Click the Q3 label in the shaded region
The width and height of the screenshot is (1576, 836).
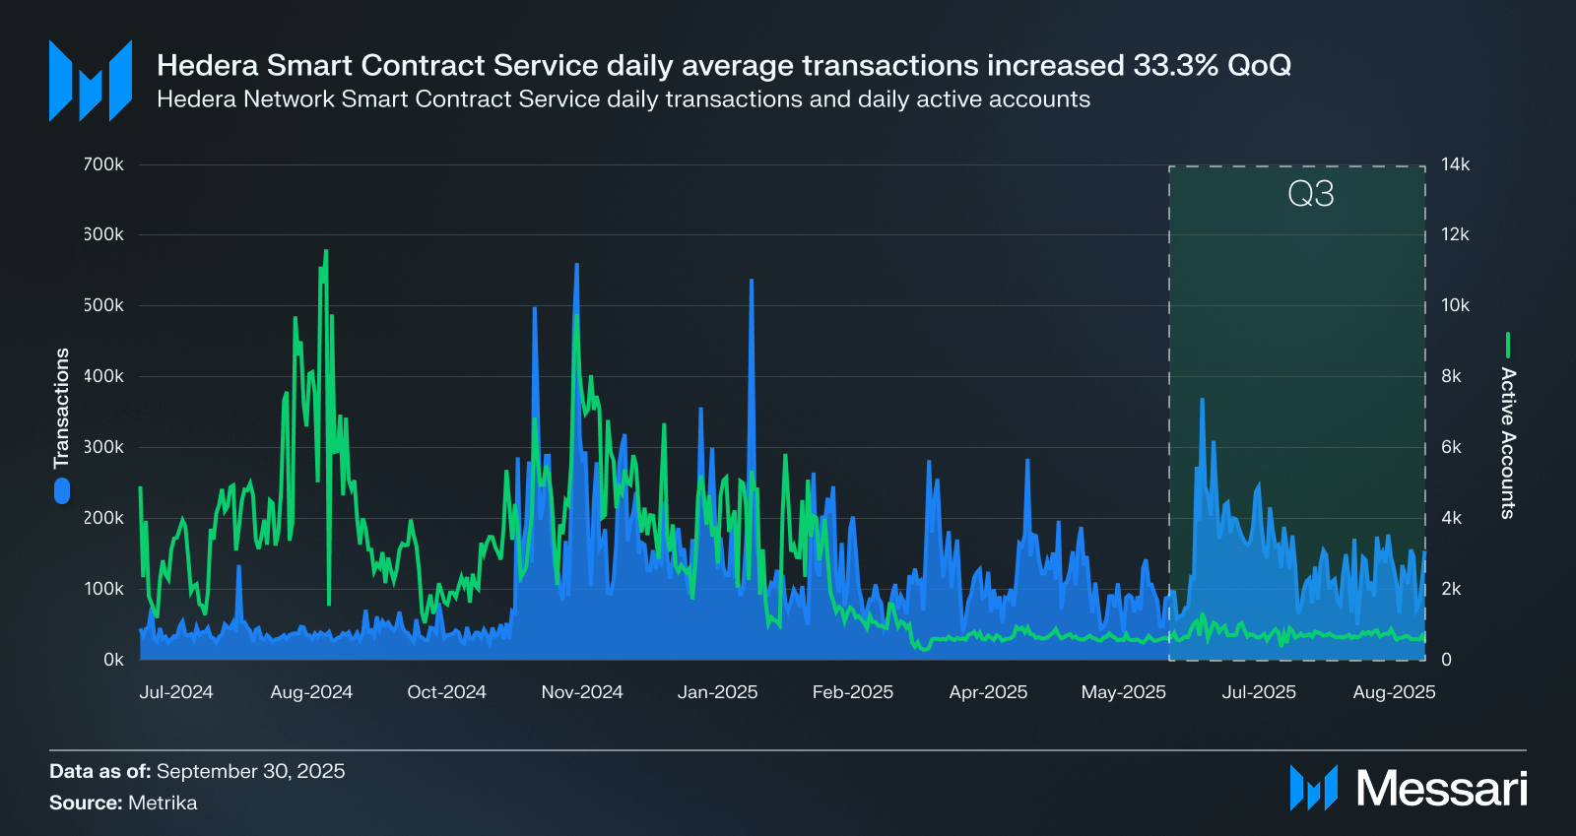(1310, 194)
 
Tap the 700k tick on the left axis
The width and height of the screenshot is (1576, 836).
(103, 164)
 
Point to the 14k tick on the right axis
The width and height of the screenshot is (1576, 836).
(1455, 164)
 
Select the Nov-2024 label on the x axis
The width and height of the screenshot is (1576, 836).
(582, 692)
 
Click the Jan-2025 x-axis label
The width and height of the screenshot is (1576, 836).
(717, 692)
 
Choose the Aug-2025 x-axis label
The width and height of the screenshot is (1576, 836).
(1394, 692)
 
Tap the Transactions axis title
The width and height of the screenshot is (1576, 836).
(62, 408)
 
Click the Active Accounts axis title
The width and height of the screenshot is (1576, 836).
(1508, 442)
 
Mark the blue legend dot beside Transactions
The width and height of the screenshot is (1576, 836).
(62, 490)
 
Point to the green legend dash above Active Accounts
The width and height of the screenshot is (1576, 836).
(1508, 345)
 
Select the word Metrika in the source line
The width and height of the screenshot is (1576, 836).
(163, 803)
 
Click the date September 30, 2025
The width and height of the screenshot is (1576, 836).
(250, 771)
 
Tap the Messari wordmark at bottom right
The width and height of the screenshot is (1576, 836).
(1441, 789)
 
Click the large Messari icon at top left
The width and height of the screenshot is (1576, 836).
(91, 81)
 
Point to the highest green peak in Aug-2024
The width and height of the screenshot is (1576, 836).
(326, 251)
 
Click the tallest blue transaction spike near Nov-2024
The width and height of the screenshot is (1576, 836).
(576, 264)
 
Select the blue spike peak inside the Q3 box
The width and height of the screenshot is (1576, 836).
(1202, 399)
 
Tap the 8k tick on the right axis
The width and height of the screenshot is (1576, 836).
(1451, 376)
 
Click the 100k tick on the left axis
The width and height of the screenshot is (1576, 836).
(103, 589)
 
